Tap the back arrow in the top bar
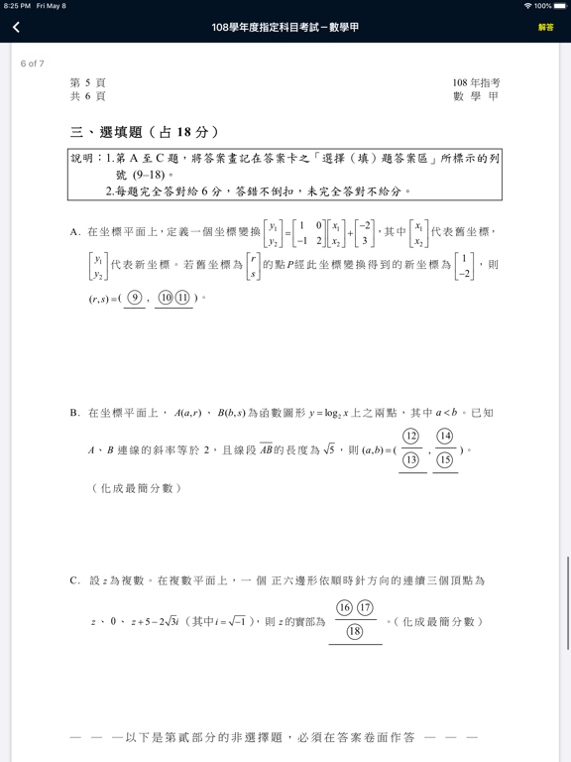[16, 28]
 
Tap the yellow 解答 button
[546, 28]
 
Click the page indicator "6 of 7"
[33, 63]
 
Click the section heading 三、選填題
[145, 132]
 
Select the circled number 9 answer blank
[135, 298]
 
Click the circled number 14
[445, 437]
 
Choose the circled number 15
[445, 459]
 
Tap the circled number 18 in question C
[355, 632]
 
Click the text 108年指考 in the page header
[476, 83]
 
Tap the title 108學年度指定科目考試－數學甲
[285, 28]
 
